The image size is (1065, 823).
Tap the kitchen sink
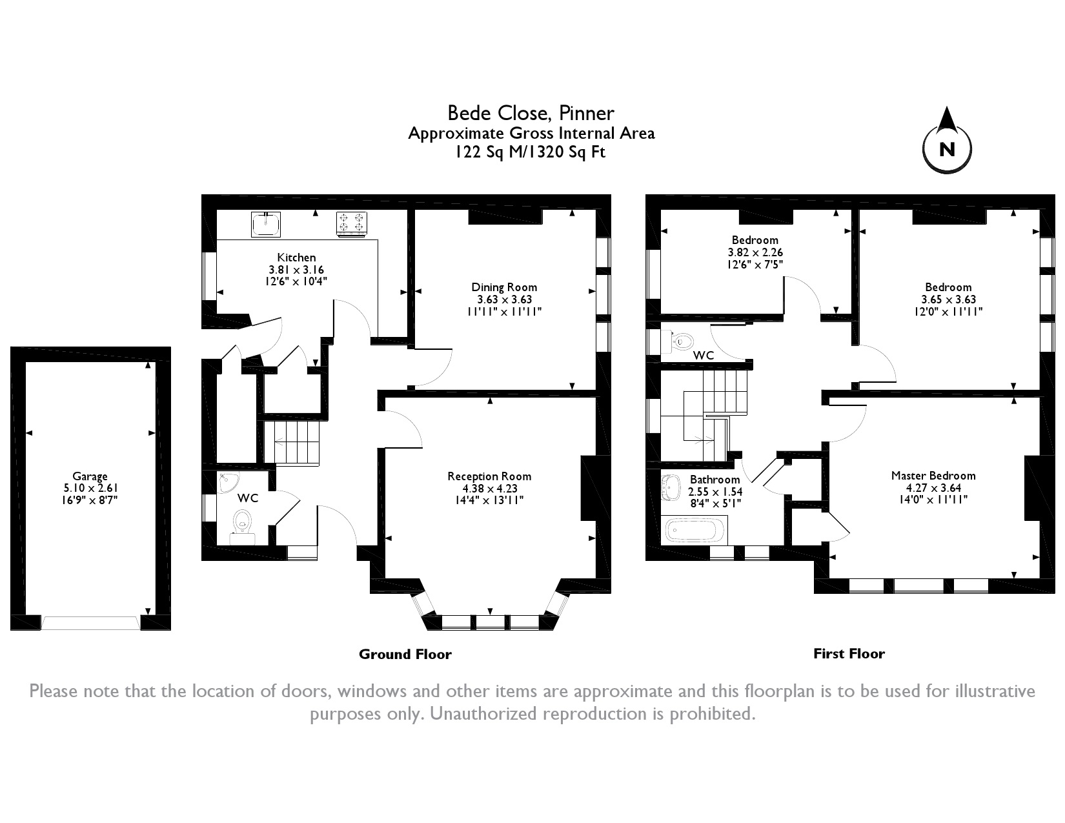tap(266, 225)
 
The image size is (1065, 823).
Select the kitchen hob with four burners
tap(351, 224)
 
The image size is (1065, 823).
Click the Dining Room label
tap(504, 287)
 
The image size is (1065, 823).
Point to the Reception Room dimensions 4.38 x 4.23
tap(490, 488)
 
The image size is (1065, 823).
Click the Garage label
tap(90, 476)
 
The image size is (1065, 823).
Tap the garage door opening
tap(90, 622)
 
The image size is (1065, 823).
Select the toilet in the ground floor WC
tap(242, 527)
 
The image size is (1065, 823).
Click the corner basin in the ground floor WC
tap(228, 482)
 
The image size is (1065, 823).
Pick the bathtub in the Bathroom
tap(694, 531)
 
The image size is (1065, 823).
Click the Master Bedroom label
tap(933, 476)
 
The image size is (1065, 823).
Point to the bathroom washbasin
tap(671, 488)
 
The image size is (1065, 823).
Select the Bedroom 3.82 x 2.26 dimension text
tap(755, 252)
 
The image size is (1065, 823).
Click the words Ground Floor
tap(405, 655)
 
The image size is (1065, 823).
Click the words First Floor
tap(849, 653)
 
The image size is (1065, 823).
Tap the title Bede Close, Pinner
tap(531, 113)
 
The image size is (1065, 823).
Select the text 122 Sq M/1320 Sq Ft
tap(531, 152)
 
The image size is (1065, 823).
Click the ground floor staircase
tap(292, 443)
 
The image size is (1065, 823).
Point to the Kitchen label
tap(296, 258)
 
